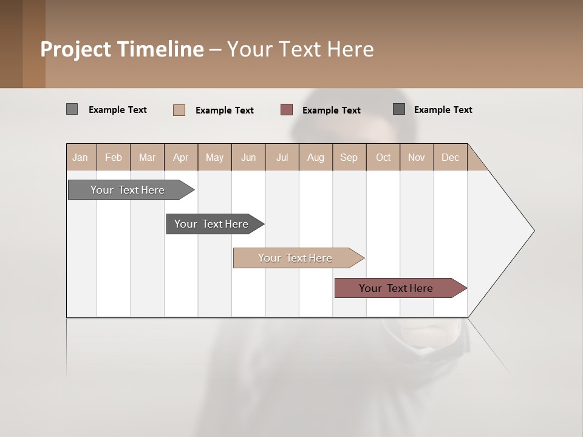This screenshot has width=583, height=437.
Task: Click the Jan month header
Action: (80, 157)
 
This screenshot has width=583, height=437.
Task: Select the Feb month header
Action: (114, 157)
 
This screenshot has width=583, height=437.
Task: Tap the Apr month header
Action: (180, 157)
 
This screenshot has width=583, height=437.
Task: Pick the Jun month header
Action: (248, 157)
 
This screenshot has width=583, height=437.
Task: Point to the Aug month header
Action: (315, 157)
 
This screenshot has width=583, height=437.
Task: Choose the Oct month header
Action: (383, 157)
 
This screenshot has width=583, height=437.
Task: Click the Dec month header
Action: (450, 157)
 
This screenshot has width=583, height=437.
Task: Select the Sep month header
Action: (349, 157)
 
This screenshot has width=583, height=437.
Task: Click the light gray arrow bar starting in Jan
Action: (128, 190)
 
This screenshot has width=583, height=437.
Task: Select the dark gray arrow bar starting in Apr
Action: (211, 224)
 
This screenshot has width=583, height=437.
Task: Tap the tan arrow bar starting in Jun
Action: (295, 258)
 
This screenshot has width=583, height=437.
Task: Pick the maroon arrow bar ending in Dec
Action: (396, 288)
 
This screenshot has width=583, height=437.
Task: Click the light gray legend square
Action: (72, 109)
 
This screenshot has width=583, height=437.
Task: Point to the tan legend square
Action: (179, 110)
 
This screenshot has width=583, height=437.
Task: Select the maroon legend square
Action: (287, 110)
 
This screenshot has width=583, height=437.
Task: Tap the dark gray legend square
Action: (399, 109)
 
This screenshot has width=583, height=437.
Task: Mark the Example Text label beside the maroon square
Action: (331, 110)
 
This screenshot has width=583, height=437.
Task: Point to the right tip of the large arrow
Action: (533, 231)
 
